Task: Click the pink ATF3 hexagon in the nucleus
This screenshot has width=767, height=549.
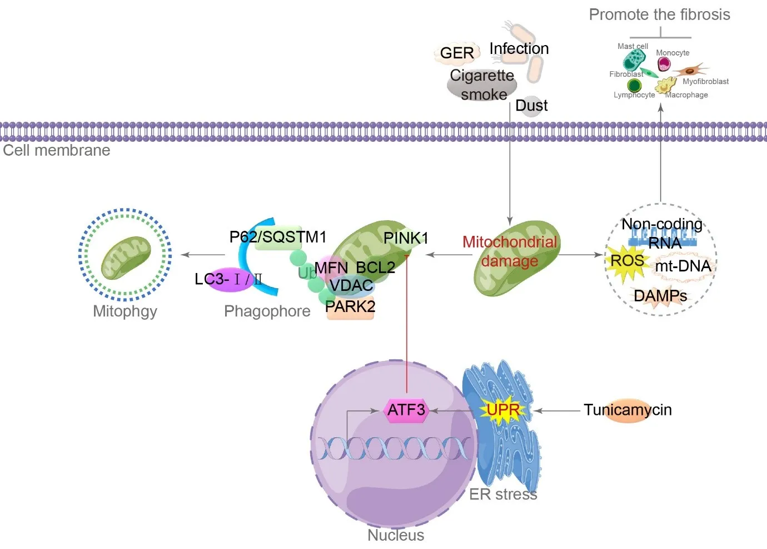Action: [406, 410]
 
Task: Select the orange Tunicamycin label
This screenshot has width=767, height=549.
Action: [627, 410]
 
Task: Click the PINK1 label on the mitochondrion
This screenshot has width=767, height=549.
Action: [406, 238]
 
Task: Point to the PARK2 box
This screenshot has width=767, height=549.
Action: [350, 307]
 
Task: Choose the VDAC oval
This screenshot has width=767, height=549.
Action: [351, 285]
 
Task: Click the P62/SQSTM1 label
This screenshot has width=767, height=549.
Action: [278, 237]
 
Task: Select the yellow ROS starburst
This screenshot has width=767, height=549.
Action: [627, 261]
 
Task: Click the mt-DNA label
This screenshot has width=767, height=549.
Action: [683, 266]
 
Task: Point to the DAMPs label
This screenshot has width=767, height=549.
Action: [660, 296]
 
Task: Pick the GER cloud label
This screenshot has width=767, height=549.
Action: [457, 53]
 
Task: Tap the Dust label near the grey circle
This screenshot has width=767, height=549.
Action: [531, 106]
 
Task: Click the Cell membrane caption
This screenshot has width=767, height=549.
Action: [57, 150]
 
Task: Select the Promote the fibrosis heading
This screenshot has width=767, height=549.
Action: [659, 14]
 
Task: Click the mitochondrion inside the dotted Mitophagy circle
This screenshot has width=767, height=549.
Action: [126, 258]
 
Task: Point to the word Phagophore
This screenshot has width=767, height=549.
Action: [267, 311]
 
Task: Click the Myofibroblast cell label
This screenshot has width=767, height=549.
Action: [705, 81]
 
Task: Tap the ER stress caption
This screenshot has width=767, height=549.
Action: [503, 494]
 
